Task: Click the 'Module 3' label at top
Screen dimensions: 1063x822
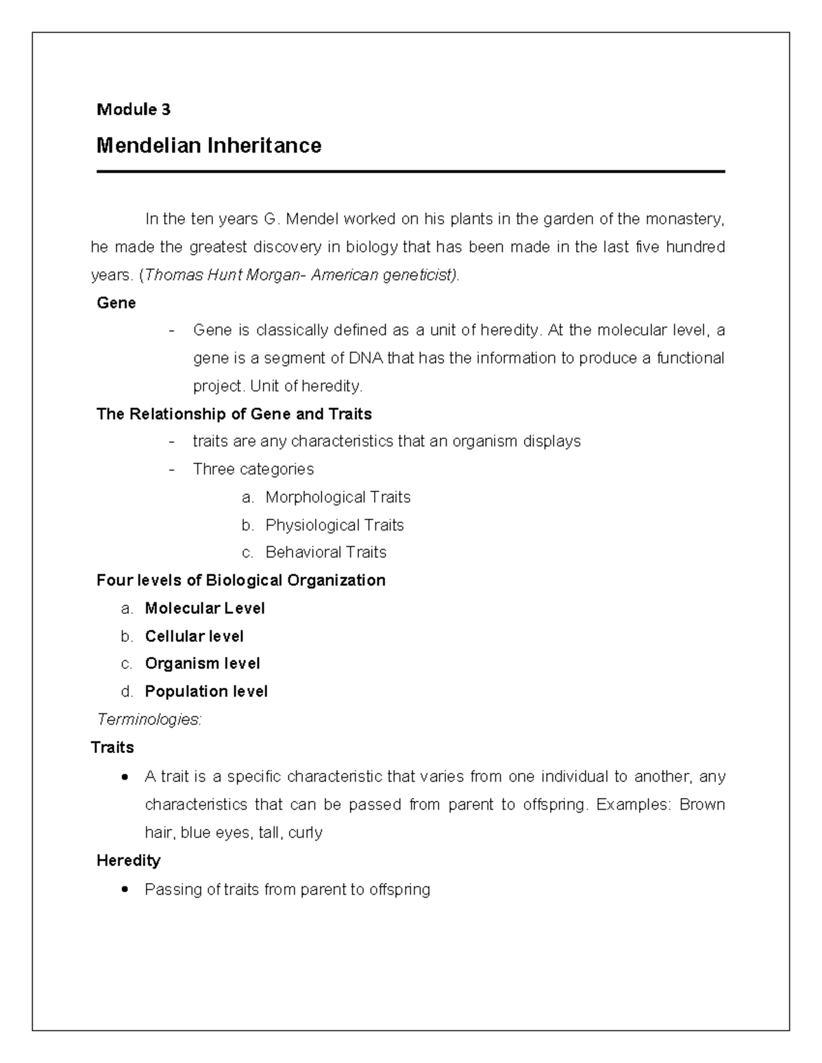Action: [x=134, y=110]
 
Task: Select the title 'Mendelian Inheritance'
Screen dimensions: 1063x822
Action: [x=209, y=146]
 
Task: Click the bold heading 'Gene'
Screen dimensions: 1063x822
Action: [x=116, y=303]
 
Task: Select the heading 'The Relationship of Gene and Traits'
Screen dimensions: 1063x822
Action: [x=234, y=414]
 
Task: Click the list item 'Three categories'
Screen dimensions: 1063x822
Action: [x=253, y=470]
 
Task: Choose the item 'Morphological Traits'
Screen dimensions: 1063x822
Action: [x=338, y=497]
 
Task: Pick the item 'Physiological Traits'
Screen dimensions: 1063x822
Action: [x=334, y=525]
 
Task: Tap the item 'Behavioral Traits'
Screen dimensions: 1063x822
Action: [x=326, y=552]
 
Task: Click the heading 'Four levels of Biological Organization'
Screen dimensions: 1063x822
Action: [x=241, y=580]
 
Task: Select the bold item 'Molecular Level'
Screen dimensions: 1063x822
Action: [x=205, y=609]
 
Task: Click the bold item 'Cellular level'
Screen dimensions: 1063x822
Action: [x=195, y=637]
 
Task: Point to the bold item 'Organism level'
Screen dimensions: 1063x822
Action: [x=203, y=664]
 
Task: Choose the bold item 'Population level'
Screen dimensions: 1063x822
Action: [x=206, y=692]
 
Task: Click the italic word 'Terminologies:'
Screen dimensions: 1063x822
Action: [x=149, y=719]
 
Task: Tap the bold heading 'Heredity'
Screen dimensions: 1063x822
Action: [x=128, y=860]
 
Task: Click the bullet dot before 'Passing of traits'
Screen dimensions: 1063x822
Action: [x=124, y=890]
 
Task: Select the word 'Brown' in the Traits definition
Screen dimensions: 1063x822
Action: [x=701, y=804]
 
